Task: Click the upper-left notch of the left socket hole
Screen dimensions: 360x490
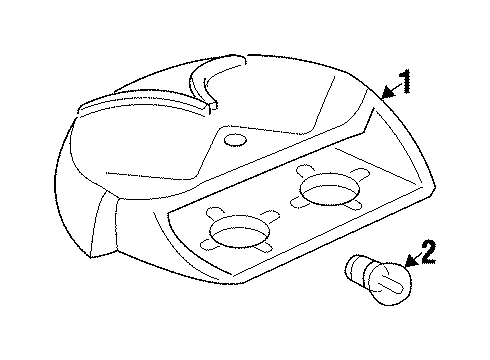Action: [x=213, y=217]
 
